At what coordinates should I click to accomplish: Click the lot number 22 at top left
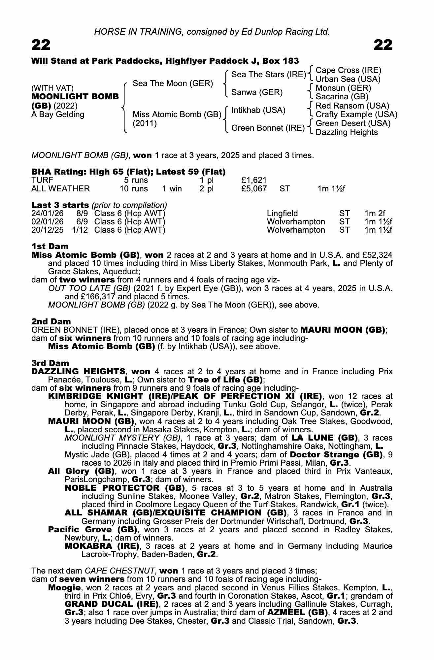tap(41, 45)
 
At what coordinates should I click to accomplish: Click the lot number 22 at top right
tap(383, 45)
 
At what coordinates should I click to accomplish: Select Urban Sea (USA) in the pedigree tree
tap(348, 79)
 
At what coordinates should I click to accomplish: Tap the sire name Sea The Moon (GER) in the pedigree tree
tap(173, 83)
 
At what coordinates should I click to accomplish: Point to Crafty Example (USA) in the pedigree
tap(356, 115)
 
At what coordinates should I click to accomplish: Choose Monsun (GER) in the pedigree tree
tap(343, 88)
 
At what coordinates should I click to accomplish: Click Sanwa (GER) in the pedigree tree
tap(257, 92)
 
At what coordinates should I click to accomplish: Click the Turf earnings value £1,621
tap(254, 180)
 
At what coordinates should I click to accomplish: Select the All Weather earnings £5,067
tap(254, 189)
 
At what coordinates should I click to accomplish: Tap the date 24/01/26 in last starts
tap(47, 214)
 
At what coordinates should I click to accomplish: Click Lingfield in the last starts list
tap(282, 214)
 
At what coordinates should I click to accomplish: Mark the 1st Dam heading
tap(50, 247)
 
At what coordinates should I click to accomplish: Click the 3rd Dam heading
tap(50, 363)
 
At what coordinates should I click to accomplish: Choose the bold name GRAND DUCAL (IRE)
tap(111, 604)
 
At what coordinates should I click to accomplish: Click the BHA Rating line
tap(128, 172)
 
